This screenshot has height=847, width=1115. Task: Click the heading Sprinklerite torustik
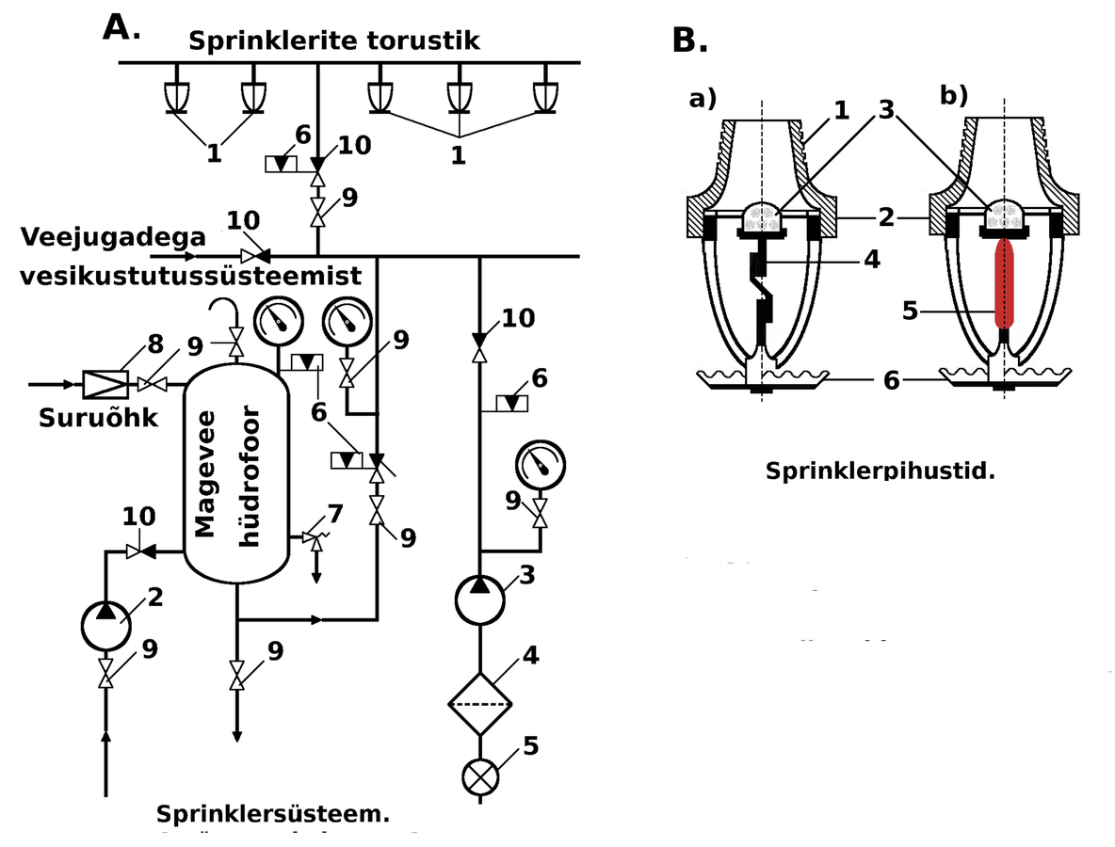(334, 41)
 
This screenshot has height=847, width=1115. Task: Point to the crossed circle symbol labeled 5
(480, 777)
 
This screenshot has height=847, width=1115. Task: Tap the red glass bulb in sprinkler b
(1004, 282)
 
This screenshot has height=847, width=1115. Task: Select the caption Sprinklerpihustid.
(880, 471)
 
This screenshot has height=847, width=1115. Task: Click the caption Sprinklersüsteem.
(273, 812)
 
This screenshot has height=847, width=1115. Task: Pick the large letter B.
(690, 40)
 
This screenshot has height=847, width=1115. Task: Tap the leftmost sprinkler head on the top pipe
(176, 97)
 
